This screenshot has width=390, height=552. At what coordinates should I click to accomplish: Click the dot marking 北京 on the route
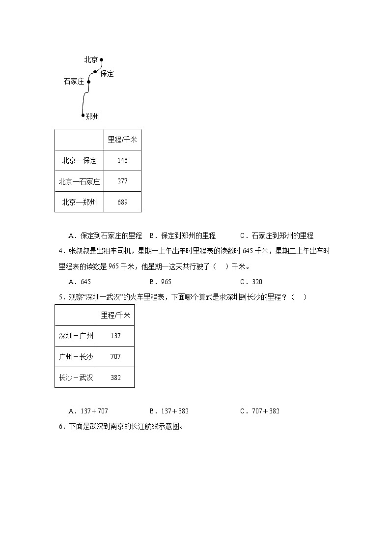[102, 60]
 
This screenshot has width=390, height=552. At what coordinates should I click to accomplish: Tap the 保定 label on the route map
[107, 74]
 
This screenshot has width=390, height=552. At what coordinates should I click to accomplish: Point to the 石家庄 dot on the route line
[89, 82]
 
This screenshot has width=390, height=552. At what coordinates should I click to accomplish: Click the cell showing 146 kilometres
[122, 160]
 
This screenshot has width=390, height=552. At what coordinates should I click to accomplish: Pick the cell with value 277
[122, 181]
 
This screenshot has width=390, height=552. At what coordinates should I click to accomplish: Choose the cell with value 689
[122, 202]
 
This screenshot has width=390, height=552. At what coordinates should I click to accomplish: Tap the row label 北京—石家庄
[79, 181]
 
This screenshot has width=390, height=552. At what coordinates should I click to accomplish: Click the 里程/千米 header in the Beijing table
[122, 140]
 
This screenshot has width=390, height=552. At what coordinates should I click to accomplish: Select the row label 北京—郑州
[79, 202]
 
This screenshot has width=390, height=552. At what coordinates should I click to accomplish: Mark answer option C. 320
[251, 282]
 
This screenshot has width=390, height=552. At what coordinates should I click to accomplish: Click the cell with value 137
[115, 336]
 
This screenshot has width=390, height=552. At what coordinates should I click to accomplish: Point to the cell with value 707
[115, 356]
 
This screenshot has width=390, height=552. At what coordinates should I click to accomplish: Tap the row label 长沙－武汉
[76, 378]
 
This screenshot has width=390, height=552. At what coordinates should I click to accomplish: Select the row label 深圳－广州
[76, 336]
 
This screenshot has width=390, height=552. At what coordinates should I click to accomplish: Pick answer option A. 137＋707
[88, 411]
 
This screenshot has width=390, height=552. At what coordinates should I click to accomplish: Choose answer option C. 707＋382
[260, 411]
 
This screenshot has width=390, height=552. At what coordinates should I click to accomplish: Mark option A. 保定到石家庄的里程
[105, 235]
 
